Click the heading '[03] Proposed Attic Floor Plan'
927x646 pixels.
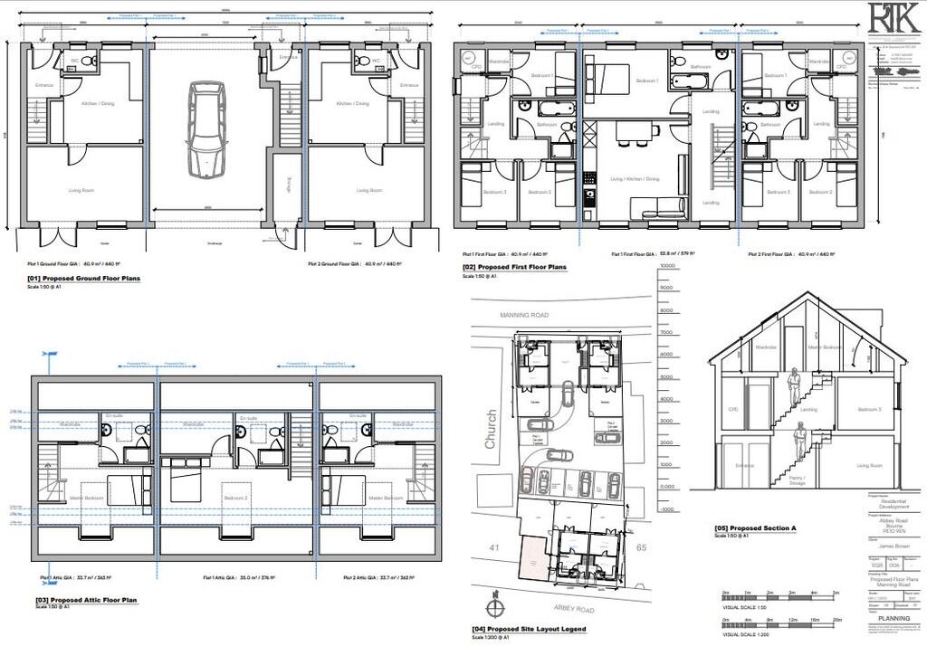pos(86,600)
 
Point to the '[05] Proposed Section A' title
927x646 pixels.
pos(755,528)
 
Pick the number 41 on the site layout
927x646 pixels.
pos(495,546)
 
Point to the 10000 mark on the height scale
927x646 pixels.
pos(668,267)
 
